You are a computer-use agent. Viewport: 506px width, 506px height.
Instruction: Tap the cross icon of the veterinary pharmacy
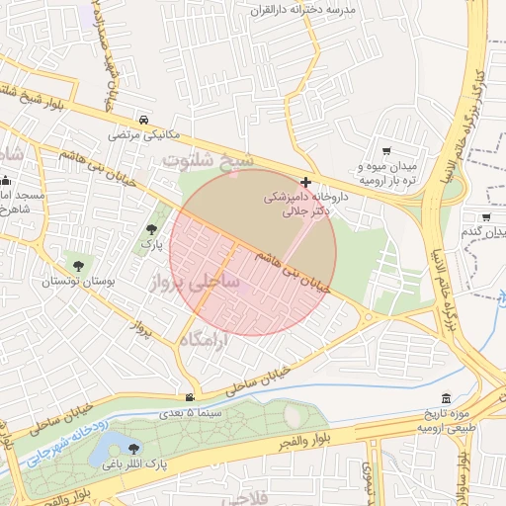[306, 182]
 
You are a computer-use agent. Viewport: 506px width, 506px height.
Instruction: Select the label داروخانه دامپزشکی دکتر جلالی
[301, 204]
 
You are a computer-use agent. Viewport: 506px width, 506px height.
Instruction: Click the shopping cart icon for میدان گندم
[486, 216]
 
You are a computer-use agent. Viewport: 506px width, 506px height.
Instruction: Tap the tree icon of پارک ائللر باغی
[133, 448]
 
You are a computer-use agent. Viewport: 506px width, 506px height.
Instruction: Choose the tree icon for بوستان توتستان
[75, 265]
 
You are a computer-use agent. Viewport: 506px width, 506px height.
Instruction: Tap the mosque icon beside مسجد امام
[7, 181]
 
